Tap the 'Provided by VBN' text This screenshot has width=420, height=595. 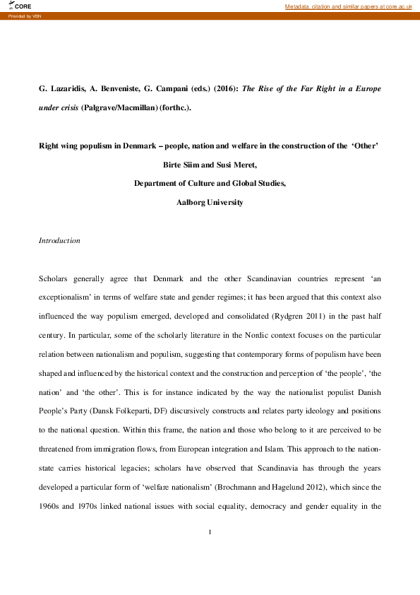coord(25,16)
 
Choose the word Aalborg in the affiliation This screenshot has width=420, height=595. coord(194,202)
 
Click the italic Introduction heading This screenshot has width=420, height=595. coord(59,241)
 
